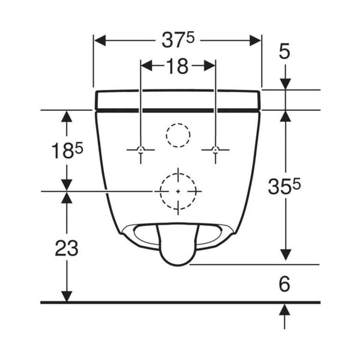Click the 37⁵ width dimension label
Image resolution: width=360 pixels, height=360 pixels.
178,40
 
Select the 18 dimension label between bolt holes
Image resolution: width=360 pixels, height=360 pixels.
178,66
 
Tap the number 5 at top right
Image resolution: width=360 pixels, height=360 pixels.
284,51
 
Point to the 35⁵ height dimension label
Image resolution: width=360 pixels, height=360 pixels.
284,186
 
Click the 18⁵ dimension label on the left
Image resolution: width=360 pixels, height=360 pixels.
67,150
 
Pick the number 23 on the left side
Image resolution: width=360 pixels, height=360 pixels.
67,248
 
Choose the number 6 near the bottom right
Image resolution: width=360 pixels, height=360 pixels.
284,284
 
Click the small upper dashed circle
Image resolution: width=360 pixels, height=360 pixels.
178,124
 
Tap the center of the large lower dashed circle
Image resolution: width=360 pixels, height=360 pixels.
178,191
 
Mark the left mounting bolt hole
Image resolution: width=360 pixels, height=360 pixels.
141,149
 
